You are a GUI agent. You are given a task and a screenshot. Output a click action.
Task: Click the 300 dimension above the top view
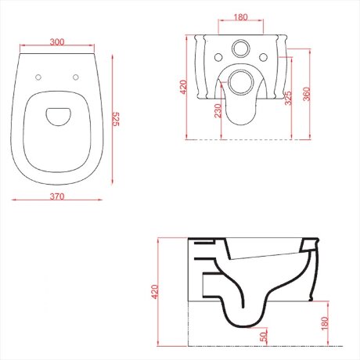point(57,41)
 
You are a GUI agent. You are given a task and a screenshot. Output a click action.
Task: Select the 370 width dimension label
point(57,196)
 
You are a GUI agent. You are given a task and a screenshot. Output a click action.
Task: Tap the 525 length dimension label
point(116,119)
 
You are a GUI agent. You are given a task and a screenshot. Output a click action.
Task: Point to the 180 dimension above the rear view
point(240,17)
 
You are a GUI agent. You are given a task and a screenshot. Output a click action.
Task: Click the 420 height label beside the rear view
point(184,87)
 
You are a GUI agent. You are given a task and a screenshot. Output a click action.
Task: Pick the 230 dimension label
point(218,111)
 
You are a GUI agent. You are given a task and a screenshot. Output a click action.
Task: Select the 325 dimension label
point(288,98)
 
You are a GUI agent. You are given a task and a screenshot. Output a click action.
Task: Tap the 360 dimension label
point(307,94)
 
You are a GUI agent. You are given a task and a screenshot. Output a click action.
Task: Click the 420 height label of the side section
point(155,292)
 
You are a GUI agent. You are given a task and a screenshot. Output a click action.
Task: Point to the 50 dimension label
point(264,337)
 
